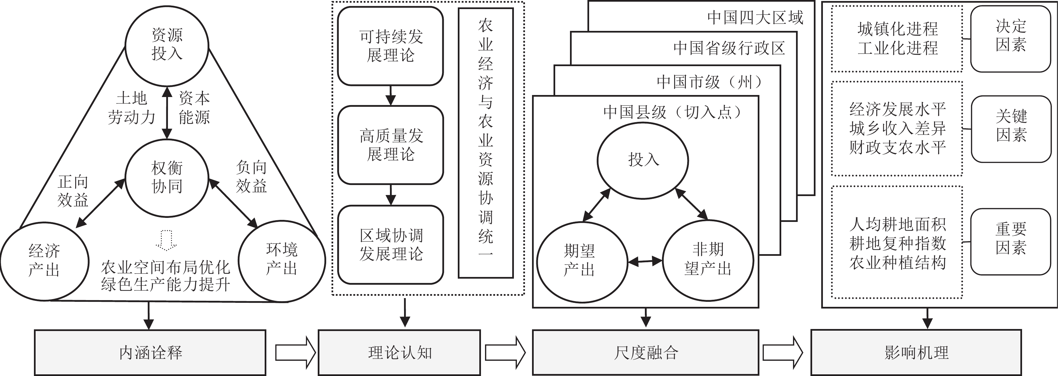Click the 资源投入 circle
pos(167,45)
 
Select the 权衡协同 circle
pos(167,177)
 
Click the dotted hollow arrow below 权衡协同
pos(166,240)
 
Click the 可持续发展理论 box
pos(390,46)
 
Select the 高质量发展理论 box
pos(390,145)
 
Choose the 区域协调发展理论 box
pos(390,245)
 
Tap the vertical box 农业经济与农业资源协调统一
pos(485,143)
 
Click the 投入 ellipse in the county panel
pos(643,160)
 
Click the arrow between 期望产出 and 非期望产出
pos(645,261)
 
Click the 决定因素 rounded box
pos(1010,39)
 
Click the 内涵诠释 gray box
pos(150,352)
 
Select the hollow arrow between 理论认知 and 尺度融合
pos(505,352)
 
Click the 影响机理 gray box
pos(916,352)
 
